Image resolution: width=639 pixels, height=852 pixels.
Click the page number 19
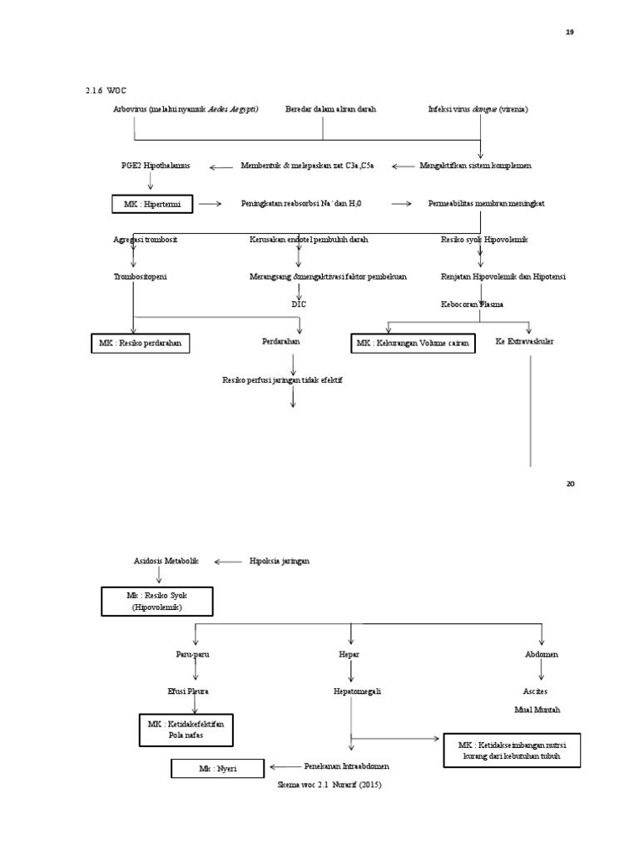pyautogui.click(x=570, y=32)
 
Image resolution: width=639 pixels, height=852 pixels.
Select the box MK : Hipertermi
pyautogui.click(x=152, y=204)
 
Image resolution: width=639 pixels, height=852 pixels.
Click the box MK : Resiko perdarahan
pyautogui.click(x=140, y=343)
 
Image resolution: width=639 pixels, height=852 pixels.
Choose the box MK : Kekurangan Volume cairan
pyautogui.click(x=413, y=343)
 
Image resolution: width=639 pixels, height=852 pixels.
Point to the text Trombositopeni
pyautogui.click(x=140, y=276)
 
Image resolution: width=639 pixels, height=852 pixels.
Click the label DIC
pyautogui.click(x=299, y=305)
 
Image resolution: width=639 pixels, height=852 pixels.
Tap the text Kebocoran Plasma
pyautogui.click(x=472, y=305)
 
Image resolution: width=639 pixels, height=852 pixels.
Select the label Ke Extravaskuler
pyautogui.click(x=526, y=342)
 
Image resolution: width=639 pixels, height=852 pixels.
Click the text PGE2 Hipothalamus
pyautogui.click(x=156, y=166)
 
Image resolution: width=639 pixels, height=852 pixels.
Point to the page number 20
pyautogui.click(x=570, y=483)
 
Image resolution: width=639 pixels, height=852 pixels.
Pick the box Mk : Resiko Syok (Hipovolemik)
pyautogui.click(x=156, y=602)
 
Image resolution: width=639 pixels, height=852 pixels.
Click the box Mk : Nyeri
pyautogui.click(x=218, y=769)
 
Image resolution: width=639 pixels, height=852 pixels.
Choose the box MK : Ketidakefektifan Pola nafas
pyautogui.click(x=186, y=730)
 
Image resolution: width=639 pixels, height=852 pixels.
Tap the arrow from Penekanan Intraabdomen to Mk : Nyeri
pyautogui.click(x=285, y=766)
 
